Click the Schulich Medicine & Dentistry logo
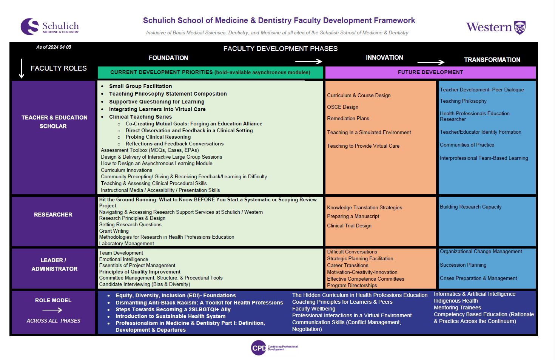coord(49,27)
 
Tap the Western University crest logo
coord(520,27)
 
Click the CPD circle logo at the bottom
coord(259,348)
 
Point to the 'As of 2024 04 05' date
coord(54,47)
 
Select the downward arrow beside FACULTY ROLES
coord(22,69)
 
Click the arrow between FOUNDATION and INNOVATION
coord(308,61)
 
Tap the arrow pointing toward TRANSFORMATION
coord(431,62)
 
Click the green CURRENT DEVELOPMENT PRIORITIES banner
coord(210,73)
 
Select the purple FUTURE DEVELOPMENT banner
coord(430,73)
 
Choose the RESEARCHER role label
coord(53,215)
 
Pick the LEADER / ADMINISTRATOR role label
coord(54,264)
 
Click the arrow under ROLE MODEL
coord(52,310)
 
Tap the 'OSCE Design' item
coord(342,107)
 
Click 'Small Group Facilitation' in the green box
coord(140,86)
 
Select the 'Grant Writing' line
coord(114,231)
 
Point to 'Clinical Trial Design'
coord(349,226)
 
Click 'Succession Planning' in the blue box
coord(463,265)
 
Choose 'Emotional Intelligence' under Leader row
coord(123,259)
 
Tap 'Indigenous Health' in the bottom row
coord(456,301)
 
